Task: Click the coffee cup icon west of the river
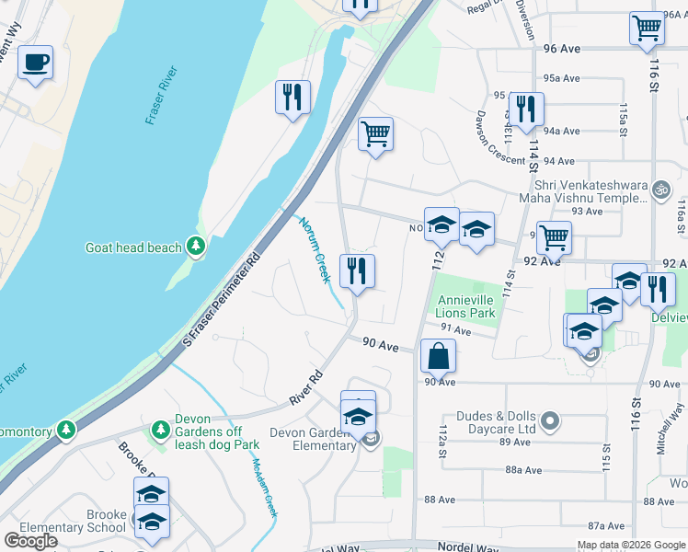[x=35, y=63]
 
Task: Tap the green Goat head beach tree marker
[x=195, y=246]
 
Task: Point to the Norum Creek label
[x=314, y=249]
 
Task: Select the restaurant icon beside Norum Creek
[x=357, y=271]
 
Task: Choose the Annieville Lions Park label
[x=465, y=307]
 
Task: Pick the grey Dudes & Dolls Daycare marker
[x=550, y=421]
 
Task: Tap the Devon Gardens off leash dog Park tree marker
[x=160, y=430]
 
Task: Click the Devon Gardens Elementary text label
[x=313, y=440]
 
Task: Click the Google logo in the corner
[x=31, y=541]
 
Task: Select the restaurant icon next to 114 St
[x=525, y=109]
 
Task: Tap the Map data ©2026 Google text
[x=630, y=545]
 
